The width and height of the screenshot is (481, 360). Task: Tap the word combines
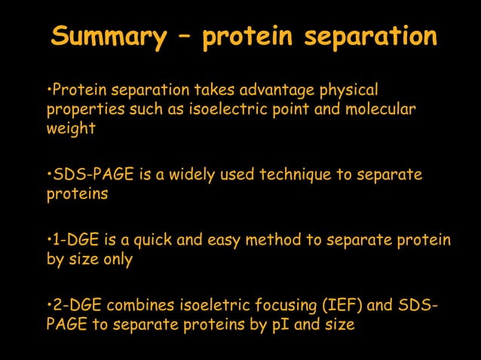point(139,306)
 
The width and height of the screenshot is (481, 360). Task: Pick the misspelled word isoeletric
point(212,306)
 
